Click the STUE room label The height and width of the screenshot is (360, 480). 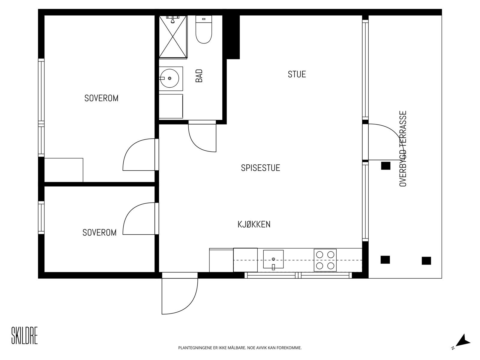pyautogui.click(x=296, y=74)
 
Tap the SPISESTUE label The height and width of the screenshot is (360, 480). pyautogui.click(x=260, y=168)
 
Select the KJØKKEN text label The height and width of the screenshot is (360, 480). pyautogui.click(x=254, y=224)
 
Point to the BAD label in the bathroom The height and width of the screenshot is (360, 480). pyautogui.click(x=199, y=76)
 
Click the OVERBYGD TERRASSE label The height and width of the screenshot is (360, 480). pyautogui.click(x=403, y=148)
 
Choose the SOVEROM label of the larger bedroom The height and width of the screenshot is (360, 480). pyautogui.click(x=101, y=98)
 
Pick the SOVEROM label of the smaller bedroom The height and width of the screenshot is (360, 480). pyautogui.click(x=100, y=232)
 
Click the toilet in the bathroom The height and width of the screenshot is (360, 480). pyautogui.click(x=204, y=29)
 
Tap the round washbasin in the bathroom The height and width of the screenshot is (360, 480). pyautogui.click(x=169, y=78)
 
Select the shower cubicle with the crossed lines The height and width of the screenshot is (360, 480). pyautogui.click(x=173, y=37)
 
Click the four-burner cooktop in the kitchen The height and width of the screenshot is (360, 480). pyautogui.click(x=325, y=260)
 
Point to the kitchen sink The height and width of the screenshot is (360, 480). pyautogui.click(x=273, y=259)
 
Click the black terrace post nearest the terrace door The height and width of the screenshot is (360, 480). pyautogui.click(x=385, y=166)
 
